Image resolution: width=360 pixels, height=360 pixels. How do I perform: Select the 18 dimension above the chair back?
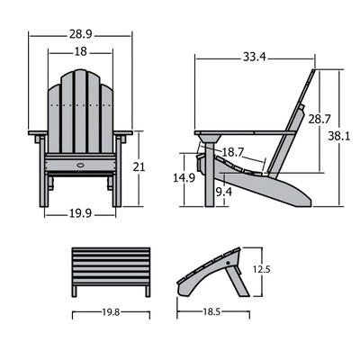tap(81, 52)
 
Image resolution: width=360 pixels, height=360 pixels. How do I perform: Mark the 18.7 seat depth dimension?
tap(234, 153)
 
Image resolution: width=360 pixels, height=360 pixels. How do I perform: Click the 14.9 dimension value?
tap(184, 178)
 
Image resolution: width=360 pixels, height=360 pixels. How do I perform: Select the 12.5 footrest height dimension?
tap(261, 267)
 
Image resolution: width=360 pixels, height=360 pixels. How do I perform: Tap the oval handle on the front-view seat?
tap(81, 164)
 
